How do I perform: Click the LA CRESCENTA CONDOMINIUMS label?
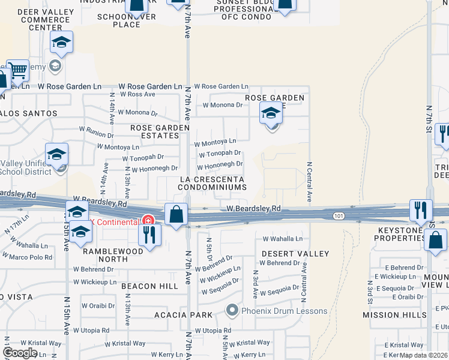[x=212, y=183]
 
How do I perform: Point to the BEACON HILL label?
[x=149, y=286]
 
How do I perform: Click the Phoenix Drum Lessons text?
[x=285, y=311]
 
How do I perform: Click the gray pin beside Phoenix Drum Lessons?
[x=232, y=310]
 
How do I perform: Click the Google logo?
[x=20, y=352]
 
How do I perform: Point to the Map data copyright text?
[x=424, y=355]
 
